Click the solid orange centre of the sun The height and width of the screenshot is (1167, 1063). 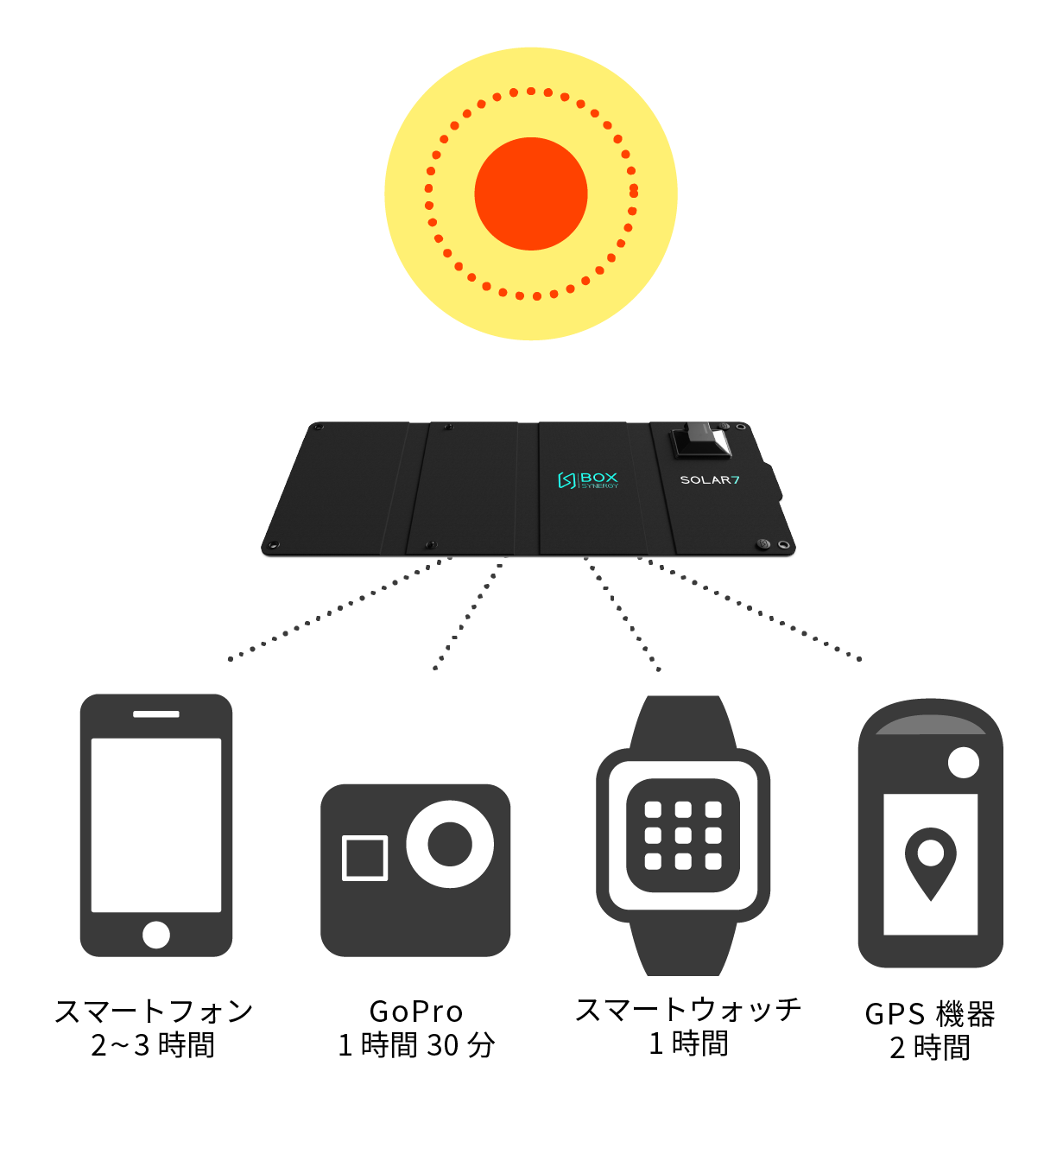[530, 193]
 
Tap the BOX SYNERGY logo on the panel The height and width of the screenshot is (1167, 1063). [588, 480]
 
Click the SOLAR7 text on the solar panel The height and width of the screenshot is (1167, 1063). [710, 480]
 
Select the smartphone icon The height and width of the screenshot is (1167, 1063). [156, 826]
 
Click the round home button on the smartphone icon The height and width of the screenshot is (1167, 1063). [156, 935]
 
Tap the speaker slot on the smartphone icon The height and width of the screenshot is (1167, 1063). [156, 714]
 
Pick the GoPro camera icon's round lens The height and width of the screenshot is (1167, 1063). [450, 844]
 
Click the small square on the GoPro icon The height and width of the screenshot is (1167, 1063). [364, 858]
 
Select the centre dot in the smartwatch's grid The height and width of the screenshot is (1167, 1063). [683, 835]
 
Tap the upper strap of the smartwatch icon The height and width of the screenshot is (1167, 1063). [683, 722]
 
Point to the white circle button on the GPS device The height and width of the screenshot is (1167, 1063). [964, 763]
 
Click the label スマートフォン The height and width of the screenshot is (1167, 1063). [155, 1012]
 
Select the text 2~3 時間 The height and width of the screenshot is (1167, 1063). [153, 1045]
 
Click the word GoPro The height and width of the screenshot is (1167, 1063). [416, 1012]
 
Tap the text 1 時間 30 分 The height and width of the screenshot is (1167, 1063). [416, 1045]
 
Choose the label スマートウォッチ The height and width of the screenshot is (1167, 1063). [688, 1010]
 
